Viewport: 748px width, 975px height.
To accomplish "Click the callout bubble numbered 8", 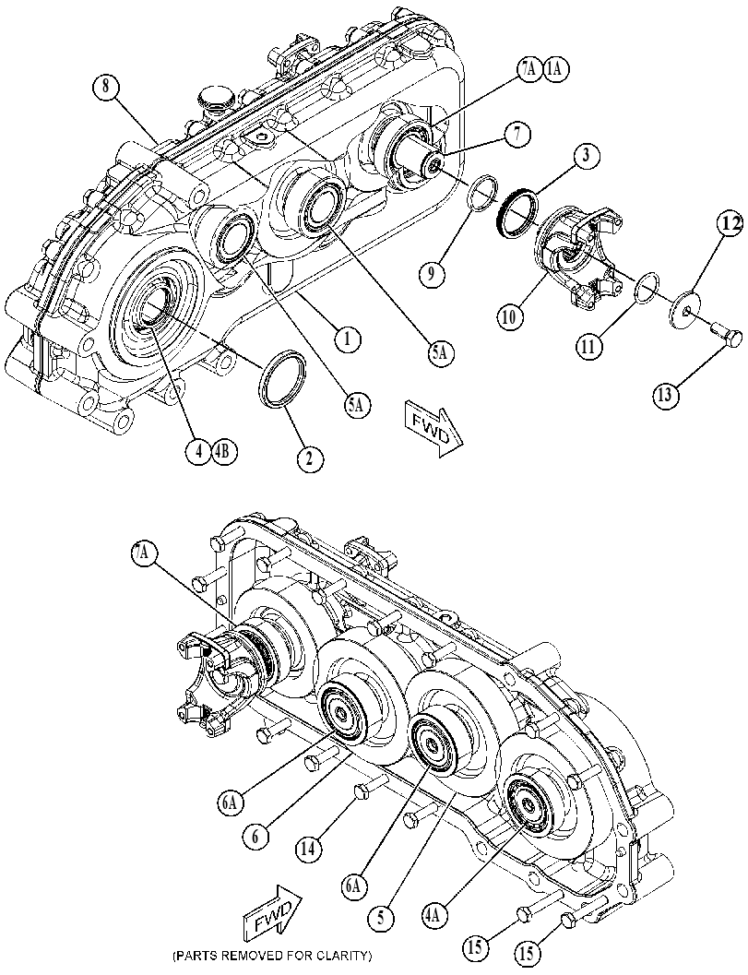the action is click(106, 87).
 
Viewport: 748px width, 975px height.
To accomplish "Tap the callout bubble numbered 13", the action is click(665, 394).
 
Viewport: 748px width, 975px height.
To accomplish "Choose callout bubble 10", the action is click(510, 316).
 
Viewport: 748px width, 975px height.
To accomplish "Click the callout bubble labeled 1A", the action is click(554, 70).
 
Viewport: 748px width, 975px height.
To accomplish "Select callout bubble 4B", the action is click(224, 451).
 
